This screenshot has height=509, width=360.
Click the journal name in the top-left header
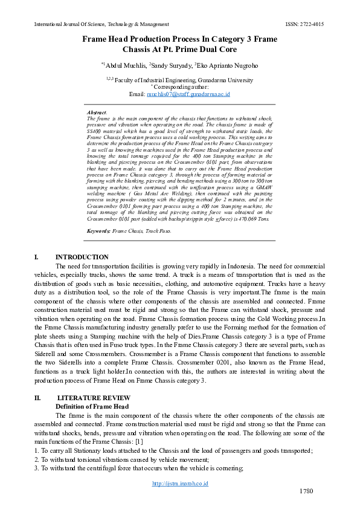click(x=101, y=24)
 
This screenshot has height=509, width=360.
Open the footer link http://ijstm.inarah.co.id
click(x=180, y=484)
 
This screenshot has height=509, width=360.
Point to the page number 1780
click(x=306, y=491)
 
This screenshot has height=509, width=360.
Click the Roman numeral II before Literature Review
click(x=37, y=398)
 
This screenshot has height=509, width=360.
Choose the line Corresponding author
click(x=181, y=86)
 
